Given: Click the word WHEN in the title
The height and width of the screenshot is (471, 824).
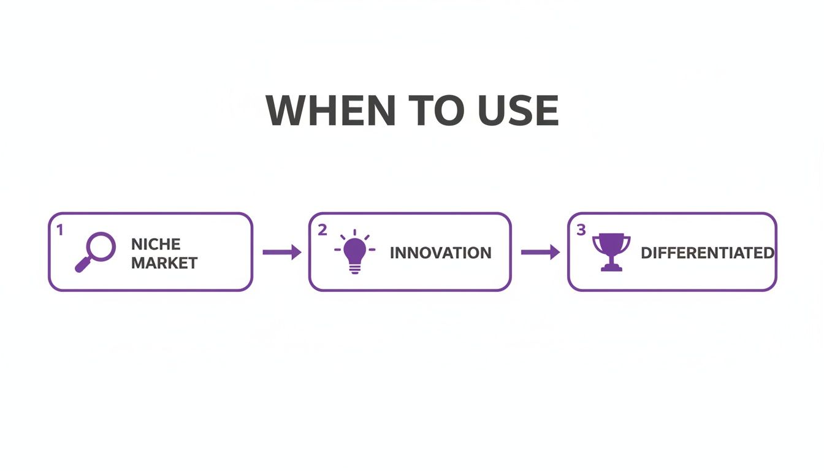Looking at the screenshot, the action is [330, 110].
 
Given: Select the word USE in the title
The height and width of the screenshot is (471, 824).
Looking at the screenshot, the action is [518, 110].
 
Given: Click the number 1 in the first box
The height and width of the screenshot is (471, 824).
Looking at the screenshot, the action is [60, 231].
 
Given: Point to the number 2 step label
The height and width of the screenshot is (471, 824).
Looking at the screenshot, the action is [322, 230].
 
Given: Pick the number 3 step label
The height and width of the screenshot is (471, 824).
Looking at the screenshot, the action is [581, 230].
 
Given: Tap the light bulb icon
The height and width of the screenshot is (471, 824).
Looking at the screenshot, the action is [354, 251].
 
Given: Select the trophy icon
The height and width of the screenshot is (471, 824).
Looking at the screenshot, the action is [611, 252].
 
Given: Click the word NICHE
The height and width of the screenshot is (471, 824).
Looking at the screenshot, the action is [156, 244].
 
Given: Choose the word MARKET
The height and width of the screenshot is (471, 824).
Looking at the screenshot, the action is [164, 263].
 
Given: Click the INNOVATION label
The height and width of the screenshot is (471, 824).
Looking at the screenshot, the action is [440, 253].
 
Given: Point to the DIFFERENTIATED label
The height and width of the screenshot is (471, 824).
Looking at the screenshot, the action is [708, 253].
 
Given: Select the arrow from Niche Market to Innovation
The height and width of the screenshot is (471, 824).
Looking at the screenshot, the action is [282, 252].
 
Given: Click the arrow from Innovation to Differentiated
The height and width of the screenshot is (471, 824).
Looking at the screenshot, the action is [540, 252].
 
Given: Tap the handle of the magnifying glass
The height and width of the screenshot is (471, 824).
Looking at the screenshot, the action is [82, 264].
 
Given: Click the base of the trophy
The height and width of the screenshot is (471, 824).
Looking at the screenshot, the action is [611, 267].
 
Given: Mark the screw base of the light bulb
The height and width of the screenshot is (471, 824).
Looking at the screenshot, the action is [354, 269].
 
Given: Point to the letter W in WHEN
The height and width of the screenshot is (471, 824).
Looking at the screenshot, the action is [285, 110].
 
